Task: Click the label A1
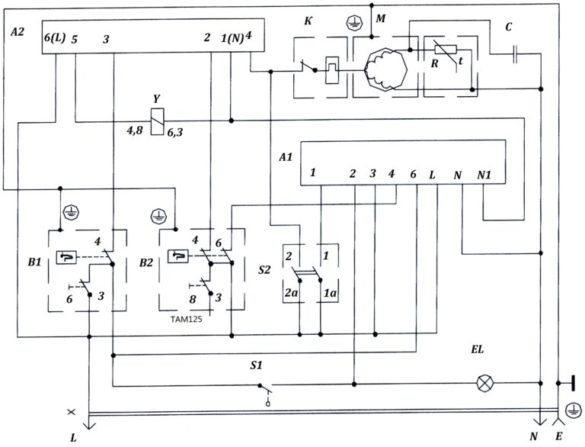[286, 158]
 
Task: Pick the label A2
[18, 34]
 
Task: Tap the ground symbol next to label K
[352, 24]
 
